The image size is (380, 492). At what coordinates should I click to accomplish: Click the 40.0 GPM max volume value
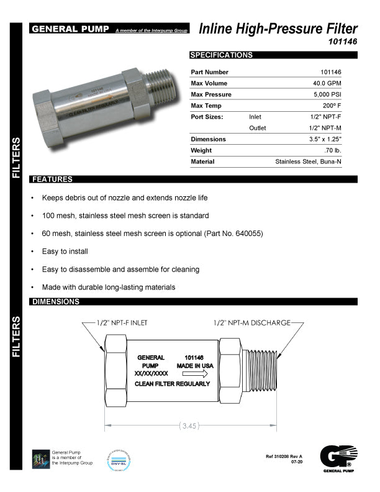tap(327, 83)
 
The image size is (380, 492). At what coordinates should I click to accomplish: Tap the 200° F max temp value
tap(331, 106)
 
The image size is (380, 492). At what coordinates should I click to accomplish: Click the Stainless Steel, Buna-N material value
tap(308, 162)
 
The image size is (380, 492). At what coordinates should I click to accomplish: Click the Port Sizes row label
tap(207, 117)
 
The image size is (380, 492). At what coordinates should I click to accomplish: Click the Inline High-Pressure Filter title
tap(278, 29)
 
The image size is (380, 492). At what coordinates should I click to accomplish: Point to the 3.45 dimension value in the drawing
tap(189, 426)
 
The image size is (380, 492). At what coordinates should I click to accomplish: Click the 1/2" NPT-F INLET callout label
tap(122, 323)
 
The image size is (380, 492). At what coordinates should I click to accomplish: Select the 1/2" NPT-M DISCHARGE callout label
tap(251, 323)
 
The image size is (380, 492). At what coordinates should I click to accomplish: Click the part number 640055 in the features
tap(250, 234)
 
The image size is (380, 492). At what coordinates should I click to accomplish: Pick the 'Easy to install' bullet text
tap(65, 252)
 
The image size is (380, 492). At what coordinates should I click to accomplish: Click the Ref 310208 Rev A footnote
tap(283, 457)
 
